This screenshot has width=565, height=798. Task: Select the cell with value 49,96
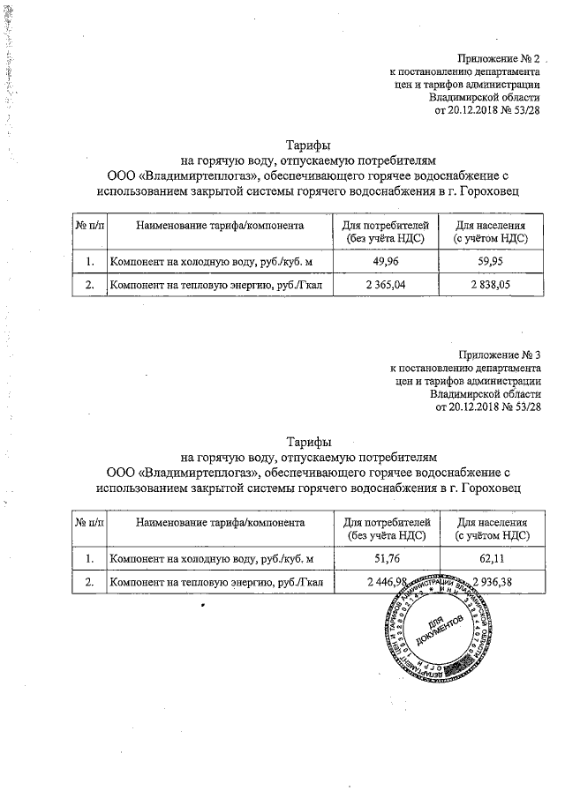387,262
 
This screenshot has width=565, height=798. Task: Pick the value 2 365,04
387,286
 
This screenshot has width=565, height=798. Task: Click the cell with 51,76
387,558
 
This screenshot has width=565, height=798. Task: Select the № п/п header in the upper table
89,227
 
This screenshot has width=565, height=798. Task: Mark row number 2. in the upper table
89,286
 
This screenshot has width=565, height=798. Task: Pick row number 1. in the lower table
89,558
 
